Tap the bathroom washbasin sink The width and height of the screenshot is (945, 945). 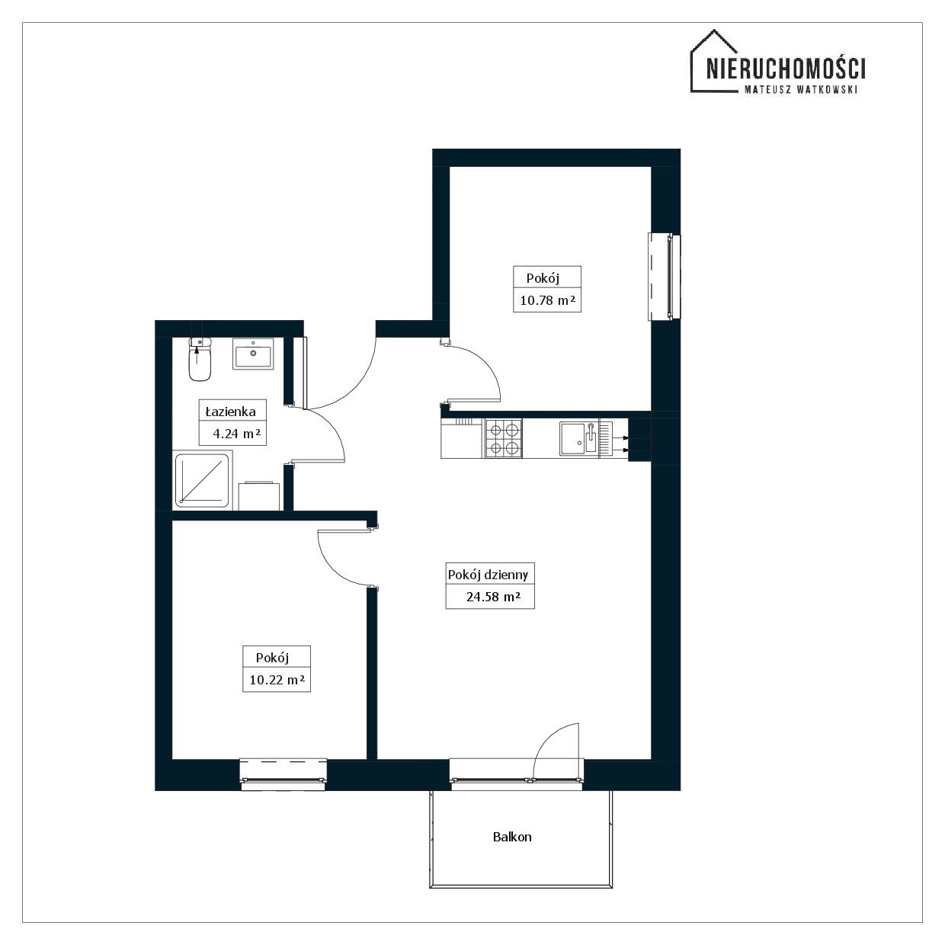point(253,353)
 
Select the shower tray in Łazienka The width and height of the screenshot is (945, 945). point(202,480)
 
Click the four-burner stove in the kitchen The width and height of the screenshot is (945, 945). point(504,438)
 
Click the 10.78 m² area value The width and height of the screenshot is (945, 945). point(547,300)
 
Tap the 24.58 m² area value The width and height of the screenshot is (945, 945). point(493,597)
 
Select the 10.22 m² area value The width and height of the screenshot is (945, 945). point(277,680)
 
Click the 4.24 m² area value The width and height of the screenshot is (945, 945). point(236,434)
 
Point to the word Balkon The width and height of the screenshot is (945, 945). point(512,837)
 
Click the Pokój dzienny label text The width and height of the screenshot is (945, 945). point(488,575)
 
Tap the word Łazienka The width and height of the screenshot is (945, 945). point(230,412)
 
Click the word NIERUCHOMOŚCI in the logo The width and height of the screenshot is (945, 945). point(786,68)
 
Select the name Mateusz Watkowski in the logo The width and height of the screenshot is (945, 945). point(801,90)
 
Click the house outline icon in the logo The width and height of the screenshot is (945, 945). point(714,61)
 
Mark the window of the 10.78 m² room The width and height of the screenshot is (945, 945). point(665,277)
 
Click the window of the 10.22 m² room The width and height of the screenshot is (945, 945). point(283,774)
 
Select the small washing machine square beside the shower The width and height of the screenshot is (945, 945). point(259,496)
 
